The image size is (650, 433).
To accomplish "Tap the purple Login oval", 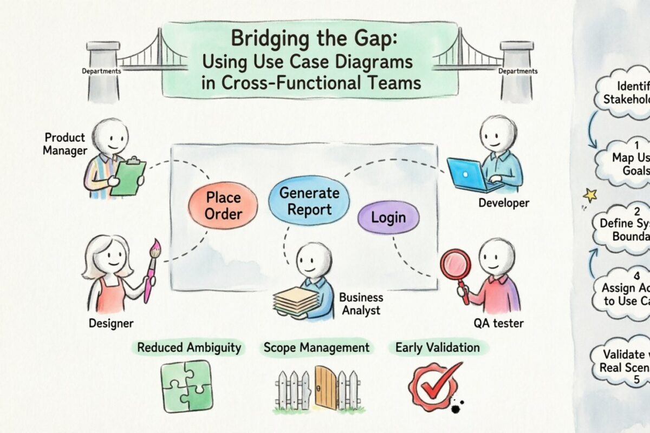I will click(388, 218).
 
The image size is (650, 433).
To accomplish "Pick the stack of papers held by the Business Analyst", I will click(295, 301).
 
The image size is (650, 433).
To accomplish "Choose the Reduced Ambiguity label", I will click(188, 347).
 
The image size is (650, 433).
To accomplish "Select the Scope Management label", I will click(316, 347).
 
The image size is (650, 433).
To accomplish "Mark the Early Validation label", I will click(437, 347).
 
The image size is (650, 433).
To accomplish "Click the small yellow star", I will click(589, 195).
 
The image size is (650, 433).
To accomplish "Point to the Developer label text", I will click(504, 203).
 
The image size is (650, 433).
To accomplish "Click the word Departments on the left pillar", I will click(101, 71).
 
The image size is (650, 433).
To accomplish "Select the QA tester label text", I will click(498, 324).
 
